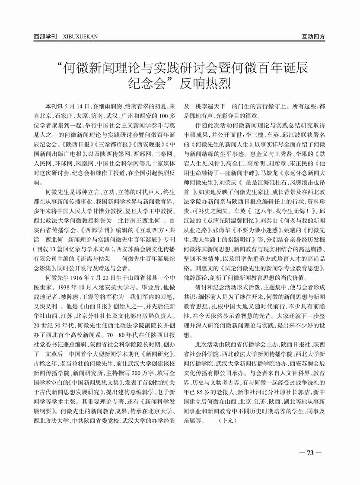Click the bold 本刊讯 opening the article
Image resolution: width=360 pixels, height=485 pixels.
pos(54,106)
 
